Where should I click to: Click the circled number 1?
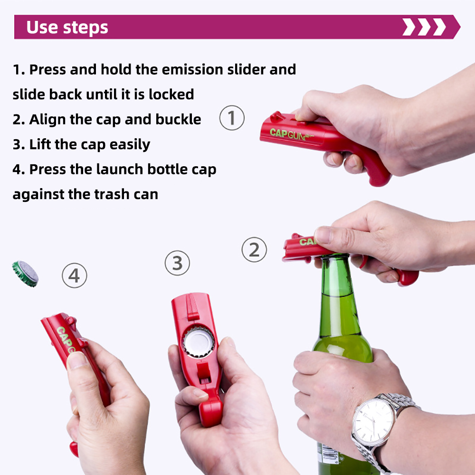point(232,118)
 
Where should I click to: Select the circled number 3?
point(177,263)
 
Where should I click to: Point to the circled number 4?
point(75,275)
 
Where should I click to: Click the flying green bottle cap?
point(25,273)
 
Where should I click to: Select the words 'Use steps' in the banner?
point(67,28)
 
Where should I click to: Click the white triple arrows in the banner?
point(424,28)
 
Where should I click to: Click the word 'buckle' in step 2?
point(178,119)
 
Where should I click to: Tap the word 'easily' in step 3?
point(130,144)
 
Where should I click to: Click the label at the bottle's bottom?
point(329,456)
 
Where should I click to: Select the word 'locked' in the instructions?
point(171,94)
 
